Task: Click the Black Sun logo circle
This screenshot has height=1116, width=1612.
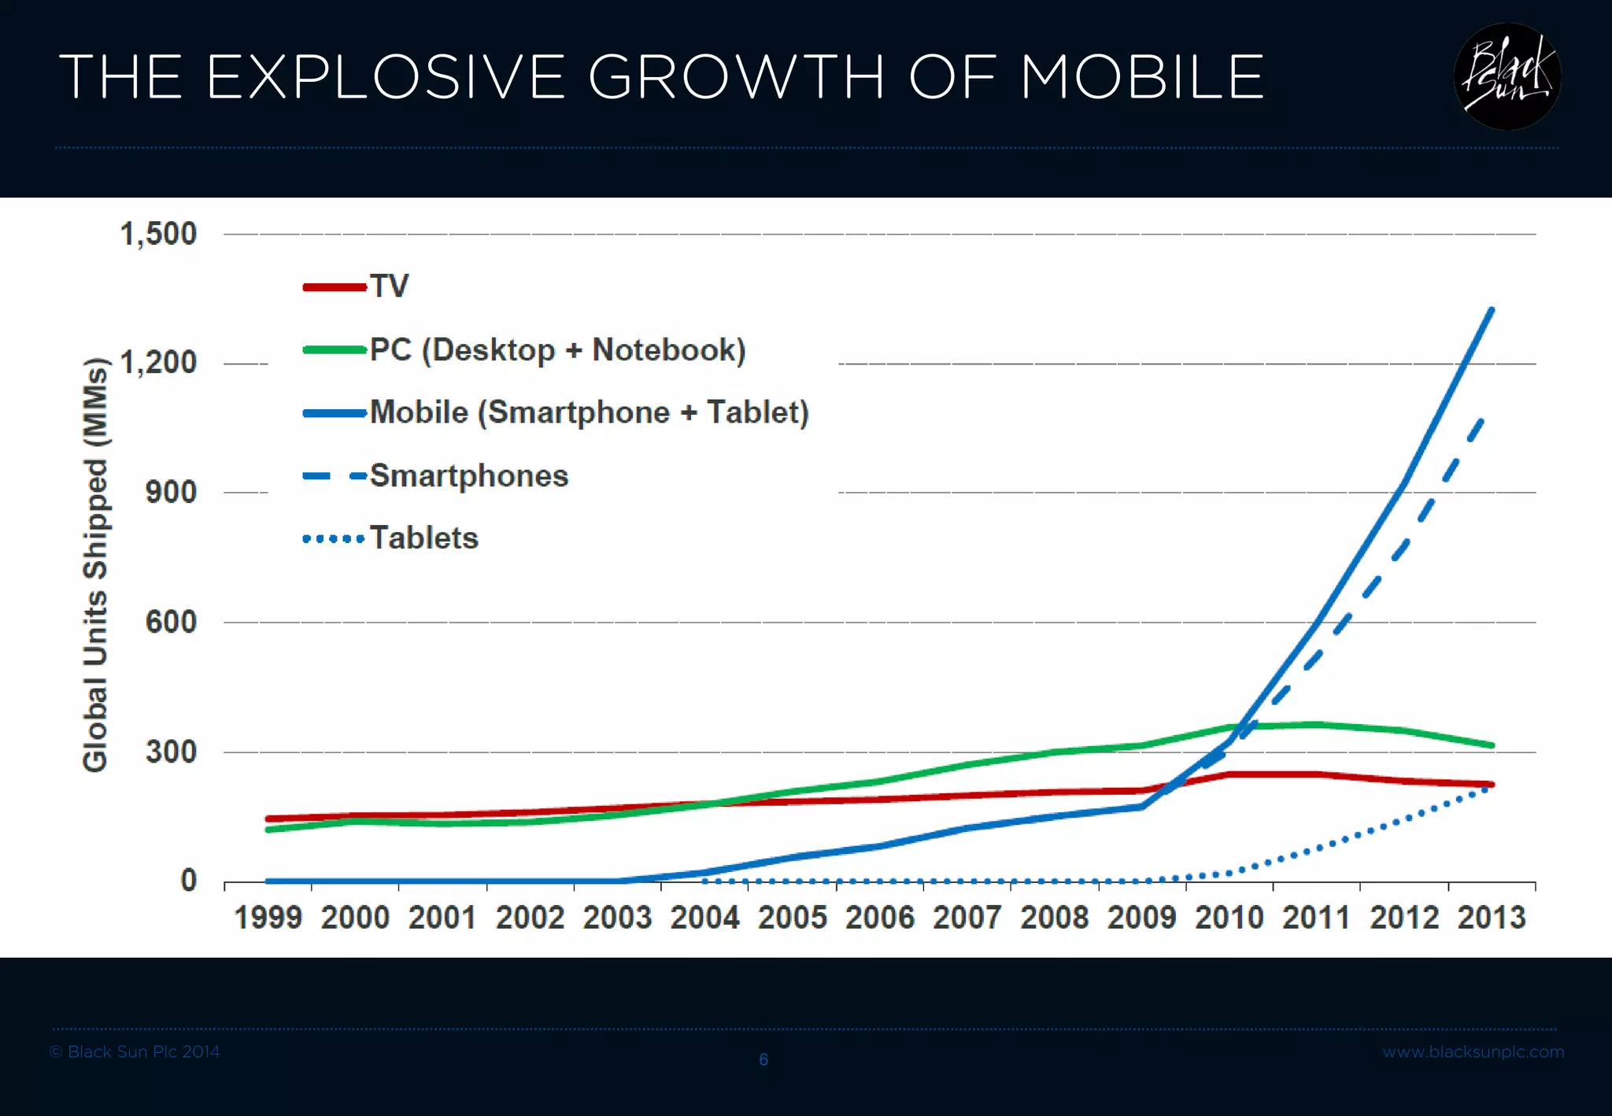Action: point(1507,76)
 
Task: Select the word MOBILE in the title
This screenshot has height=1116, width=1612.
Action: point(1142,77)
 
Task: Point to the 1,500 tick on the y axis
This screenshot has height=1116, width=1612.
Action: point(158,234)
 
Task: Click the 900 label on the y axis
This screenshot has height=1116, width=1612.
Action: point(171,492)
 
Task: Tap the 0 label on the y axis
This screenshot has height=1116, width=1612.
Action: point(189,880)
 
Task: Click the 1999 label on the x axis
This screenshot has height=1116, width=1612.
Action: point(268,918)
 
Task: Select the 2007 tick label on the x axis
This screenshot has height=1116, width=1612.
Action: point(967,918)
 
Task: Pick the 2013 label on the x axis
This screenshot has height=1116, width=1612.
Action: point(1492,918)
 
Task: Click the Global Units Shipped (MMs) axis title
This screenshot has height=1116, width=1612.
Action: point(95,564)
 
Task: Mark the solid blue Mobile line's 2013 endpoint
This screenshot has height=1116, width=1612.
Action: point(1492,310)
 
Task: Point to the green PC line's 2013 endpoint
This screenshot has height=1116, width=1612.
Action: point(1492,745)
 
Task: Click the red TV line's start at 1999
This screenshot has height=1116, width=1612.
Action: point(268,819)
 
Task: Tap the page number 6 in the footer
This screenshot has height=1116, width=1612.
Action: point(763,1059)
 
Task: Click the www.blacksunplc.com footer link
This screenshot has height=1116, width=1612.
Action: point(1473,1052)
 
